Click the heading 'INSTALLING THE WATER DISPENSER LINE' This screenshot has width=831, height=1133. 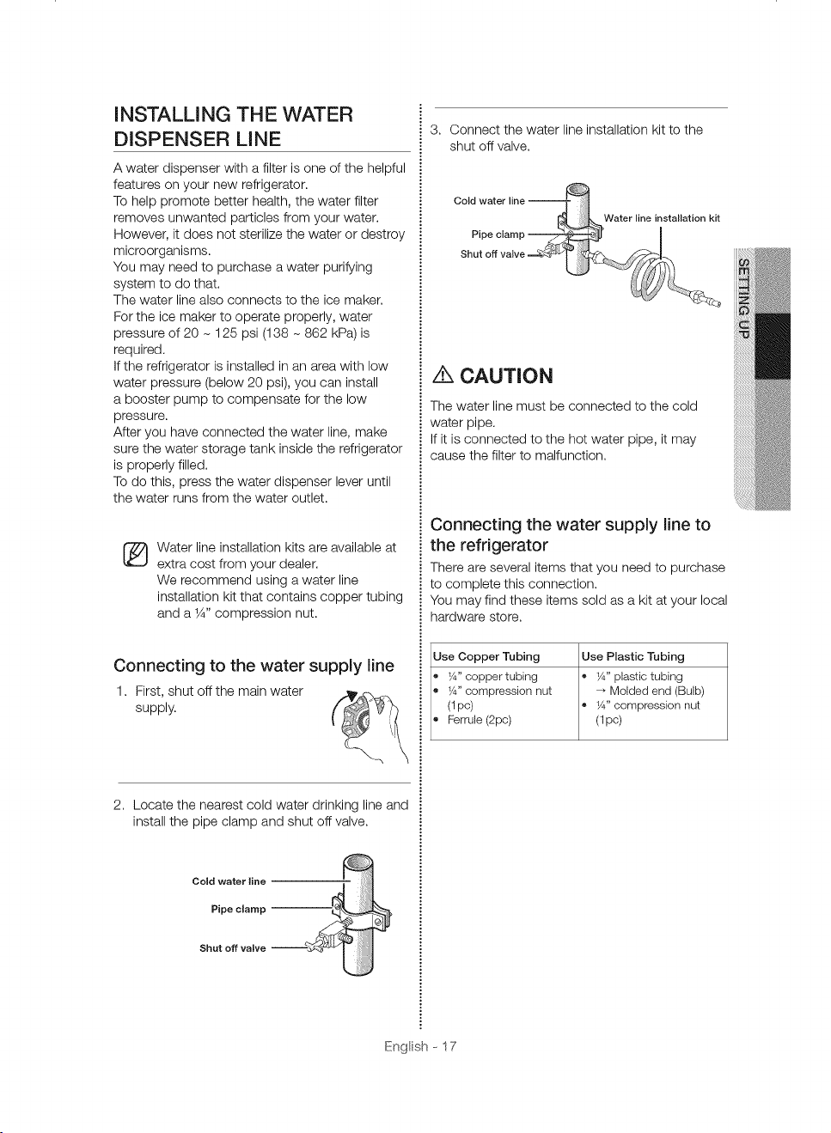(233, 126)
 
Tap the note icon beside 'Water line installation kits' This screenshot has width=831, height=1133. (135, 555)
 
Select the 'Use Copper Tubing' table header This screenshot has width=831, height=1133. (486, 656)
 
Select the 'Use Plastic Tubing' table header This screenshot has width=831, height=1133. (632, 656)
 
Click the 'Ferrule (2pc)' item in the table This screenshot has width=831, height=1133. (480, 720)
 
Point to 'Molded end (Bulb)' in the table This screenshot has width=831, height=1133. (657, 691)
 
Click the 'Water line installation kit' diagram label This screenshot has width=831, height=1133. (662, 218)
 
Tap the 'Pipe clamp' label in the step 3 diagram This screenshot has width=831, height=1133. (498, 235)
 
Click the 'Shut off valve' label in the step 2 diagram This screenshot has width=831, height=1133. (232, 948)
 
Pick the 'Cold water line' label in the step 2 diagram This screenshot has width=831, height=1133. (229, 881)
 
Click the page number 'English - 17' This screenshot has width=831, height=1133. (420, 1046)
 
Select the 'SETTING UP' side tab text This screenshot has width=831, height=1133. (743, 298)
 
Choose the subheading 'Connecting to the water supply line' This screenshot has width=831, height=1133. (254, 666)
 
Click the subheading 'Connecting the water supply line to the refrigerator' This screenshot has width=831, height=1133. (571, 534)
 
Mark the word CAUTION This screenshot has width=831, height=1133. (506, 376)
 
